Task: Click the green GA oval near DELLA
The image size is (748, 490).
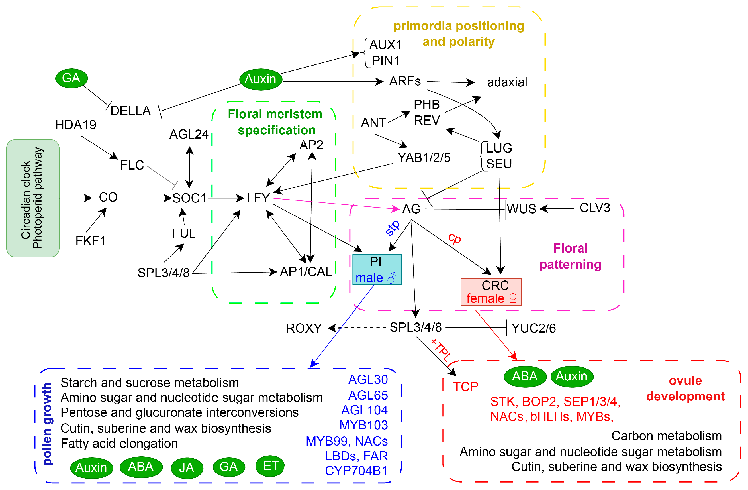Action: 71,78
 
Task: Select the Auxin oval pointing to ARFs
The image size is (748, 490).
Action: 261,79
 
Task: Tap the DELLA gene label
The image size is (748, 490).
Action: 131,111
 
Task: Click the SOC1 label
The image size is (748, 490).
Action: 189,198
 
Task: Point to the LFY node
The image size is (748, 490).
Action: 258,198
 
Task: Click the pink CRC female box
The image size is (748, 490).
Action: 491,292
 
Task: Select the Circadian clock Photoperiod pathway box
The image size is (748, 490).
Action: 33,198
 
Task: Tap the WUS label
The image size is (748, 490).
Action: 521,209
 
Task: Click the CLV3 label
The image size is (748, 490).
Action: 595,208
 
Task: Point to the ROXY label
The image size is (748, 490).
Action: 304,328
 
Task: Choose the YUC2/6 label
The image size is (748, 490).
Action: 534,328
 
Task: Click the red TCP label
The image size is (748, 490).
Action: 465,387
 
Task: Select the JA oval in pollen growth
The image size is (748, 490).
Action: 187,468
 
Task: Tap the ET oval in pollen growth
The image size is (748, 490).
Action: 270,466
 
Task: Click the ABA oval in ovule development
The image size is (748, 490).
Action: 525,377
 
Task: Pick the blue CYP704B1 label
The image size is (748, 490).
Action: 356,471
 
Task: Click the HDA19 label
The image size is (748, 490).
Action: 75,125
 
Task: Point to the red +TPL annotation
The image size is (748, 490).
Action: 441,350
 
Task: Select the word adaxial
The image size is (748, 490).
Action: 507,82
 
